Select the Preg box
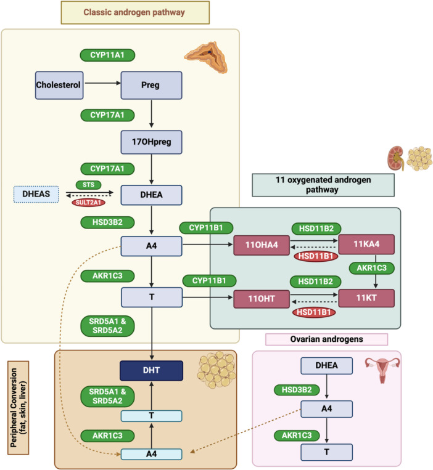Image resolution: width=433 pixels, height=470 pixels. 151,84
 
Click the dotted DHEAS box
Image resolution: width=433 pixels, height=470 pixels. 36,195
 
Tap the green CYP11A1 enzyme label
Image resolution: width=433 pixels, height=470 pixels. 108,55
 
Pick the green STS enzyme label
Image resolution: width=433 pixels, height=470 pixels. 88,184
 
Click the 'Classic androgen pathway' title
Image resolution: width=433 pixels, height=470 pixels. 135,12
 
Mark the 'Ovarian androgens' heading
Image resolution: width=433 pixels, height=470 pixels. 326,339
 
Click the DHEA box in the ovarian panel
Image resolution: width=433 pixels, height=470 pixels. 326,366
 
